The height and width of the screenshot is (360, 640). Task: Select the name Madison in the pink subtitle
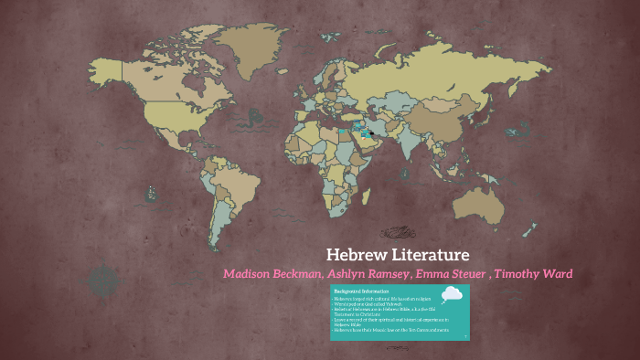point(249,275)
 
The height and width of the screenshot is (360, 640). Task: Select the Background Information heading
point(356,291)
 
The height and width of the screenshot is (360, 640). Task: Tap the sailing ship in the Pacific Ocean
point(150,193)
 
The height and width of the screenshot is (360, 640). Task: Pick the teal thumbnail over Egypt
point(344,132)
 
